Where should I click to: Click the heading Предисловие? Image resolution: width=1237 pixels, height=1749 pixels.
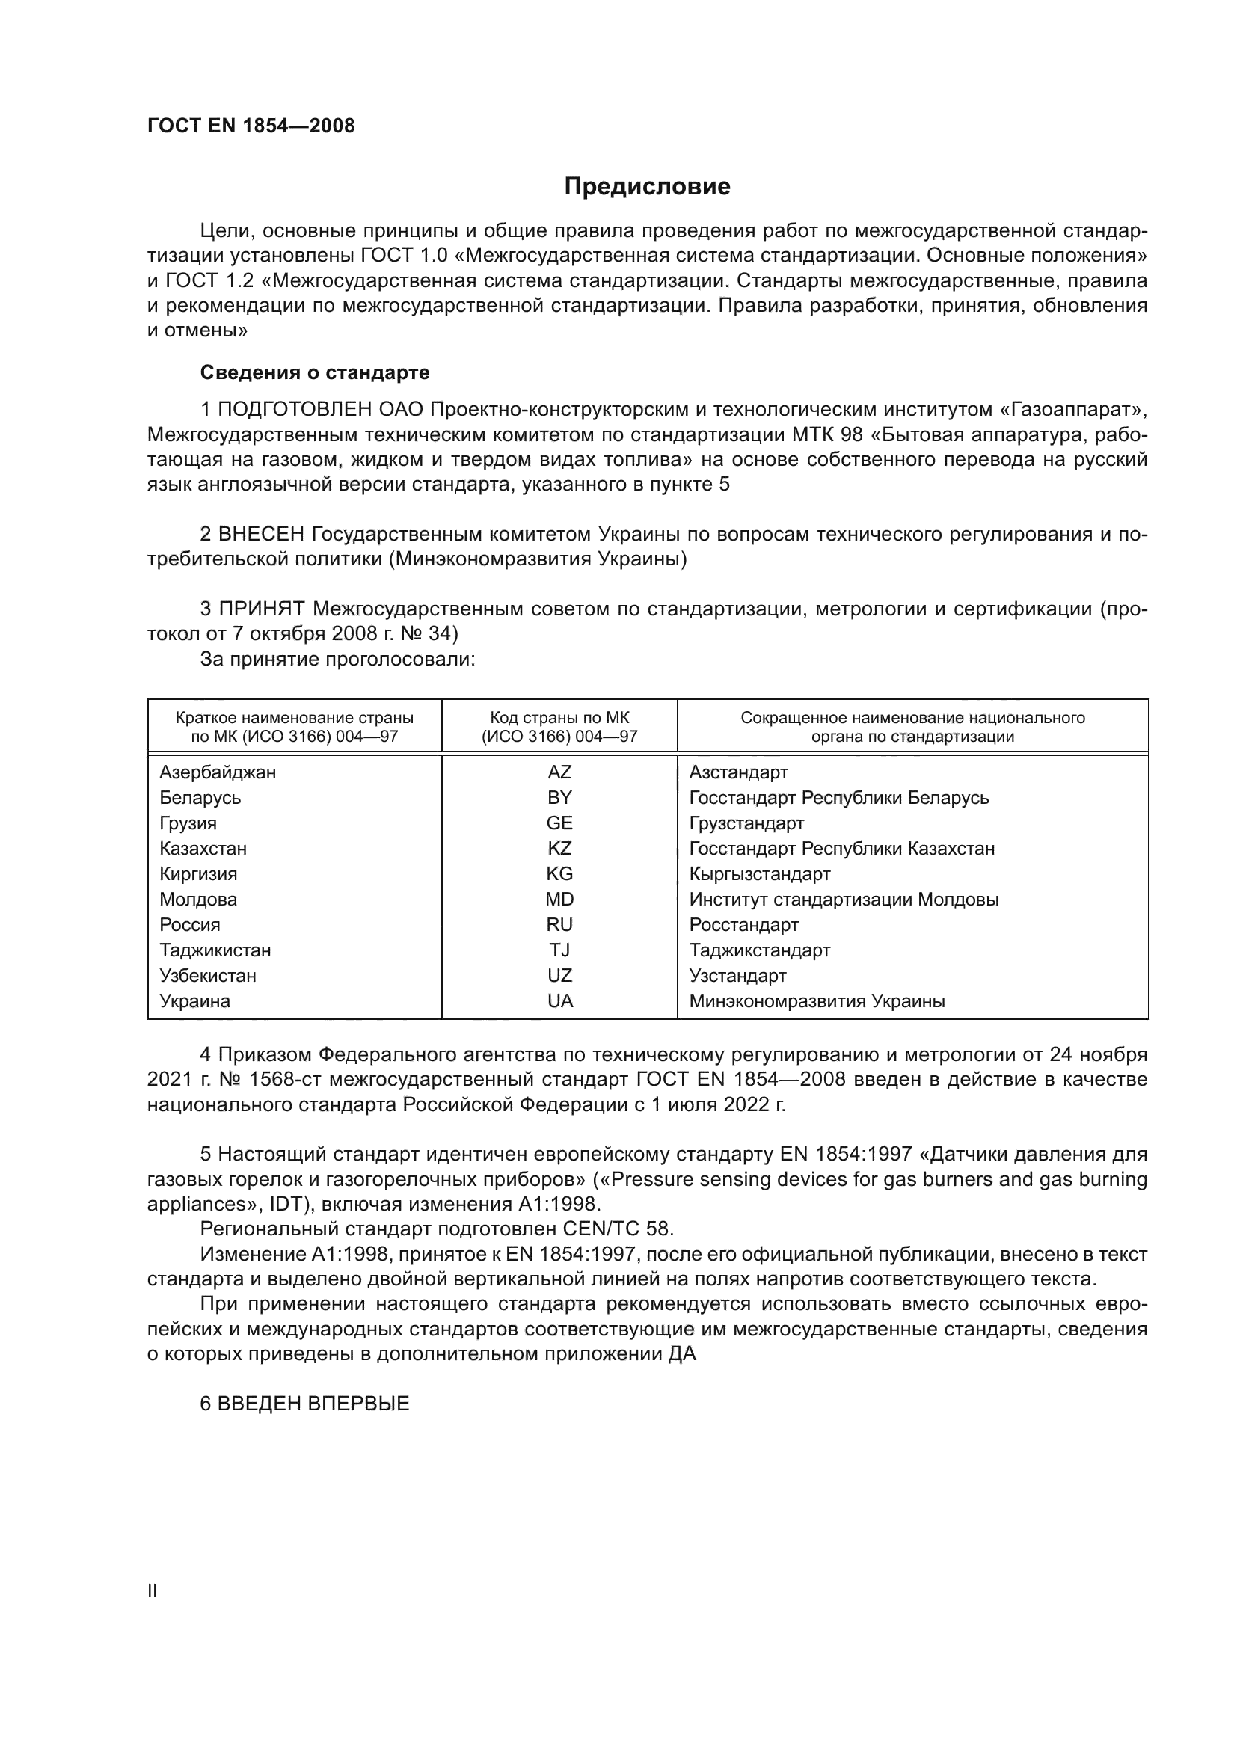647,187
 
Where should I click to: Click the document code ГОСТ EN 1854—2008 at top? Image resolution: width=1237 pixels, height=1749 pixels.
251,126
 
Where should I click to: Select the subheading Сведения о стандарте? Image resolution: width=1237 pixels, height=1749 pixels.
315,372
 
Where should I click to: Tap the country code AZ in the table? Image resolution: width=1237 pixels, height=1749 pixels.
559,772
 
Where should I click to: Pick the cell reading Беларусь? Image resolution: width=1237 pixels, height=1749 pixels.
200,798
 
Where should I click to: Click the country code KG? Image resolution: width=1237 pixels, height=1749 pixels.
559,873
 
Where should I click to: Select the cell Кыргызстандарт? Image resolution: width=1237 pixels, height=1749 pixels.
759,873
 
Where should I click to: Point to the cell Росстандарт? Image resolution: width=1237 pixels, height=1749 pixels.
743,925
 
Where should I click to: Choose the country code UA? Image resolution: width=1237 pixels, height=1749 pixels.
559,1001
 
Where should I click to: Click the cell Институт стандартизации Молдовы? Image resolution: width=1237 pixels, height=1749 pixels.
843,900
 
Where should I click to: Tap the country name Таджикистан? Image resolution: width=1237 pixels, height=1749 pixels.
215,950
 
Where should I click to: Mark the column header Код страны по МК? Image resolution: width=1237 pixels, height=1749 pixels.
559,718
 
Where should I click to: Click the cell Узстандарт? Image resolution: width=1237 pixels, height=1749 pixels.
737,976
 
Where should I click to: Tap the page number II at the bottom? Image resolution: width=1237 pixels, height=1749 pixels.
153,1590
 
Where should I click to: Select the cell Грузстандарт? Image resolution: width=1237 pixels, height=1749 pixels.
746,823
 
